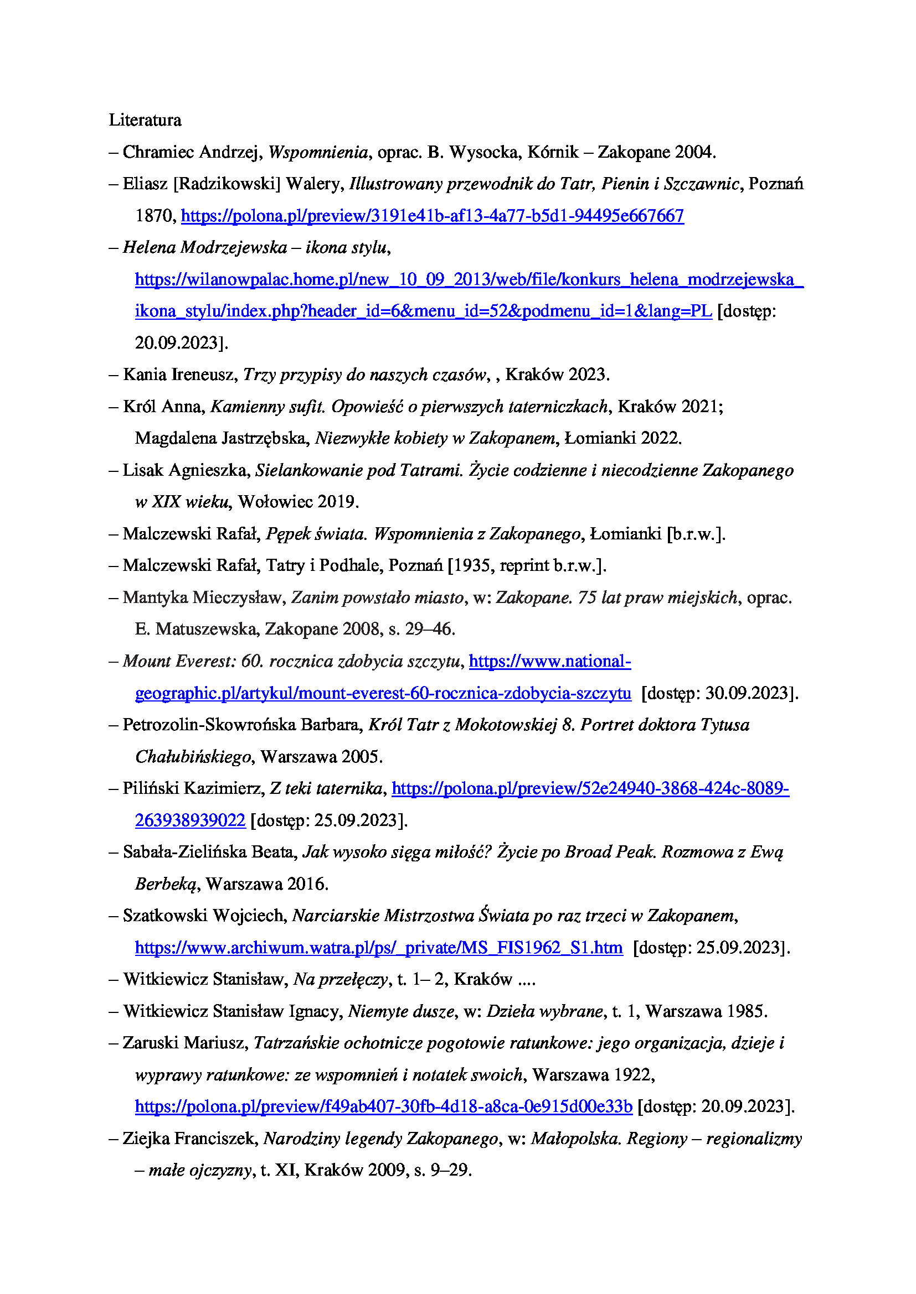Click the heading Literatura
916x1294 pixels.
tap(145, 120)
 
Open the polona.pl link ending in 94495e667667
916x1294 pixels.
tap(432, 216)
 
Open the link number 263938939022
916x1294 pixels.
tap(190, 820)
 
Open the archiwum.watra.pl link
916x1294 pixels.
tap(378, 947)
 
